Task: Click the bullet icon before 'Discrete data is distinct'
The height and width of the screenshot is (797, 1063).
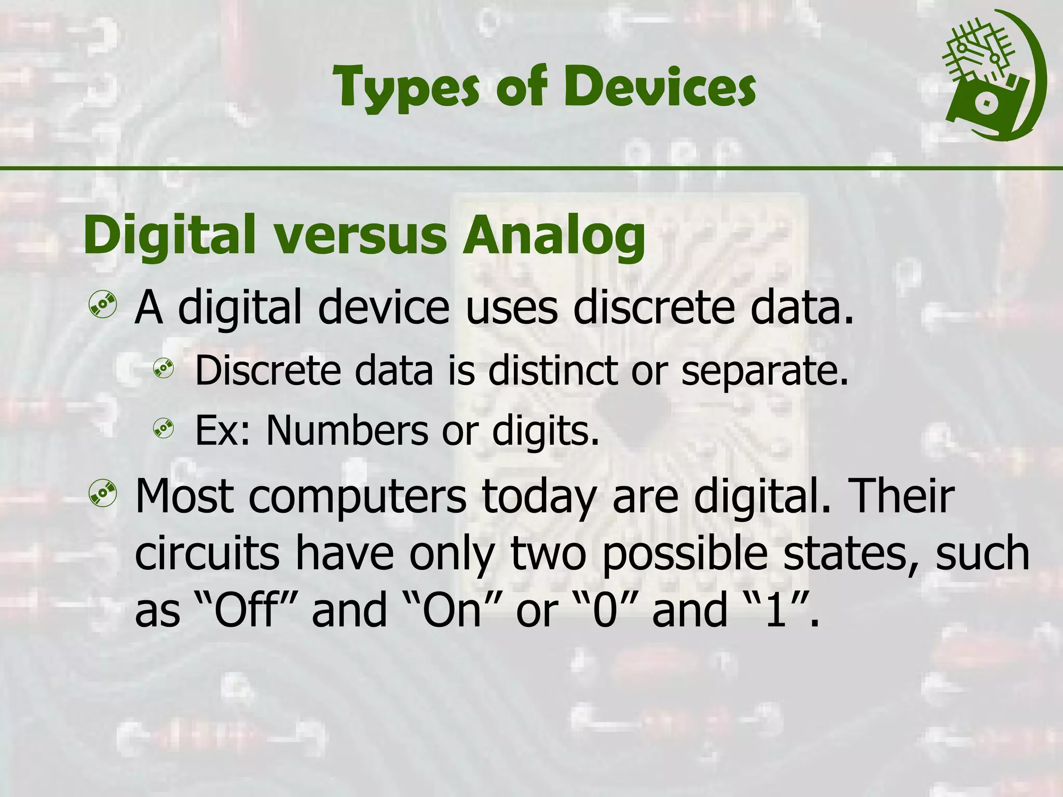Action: coord(164,368)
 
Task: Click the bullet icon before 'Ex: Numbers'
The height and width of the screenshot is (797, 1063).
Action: coord(164,429)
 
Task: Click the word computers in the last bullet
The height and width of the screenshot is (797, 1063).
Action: coord(358,496)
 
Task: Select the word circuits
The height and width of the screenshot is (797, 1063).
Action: coord(207,553)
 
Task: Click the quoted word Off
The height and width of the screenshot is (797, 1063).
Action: coord(243,610)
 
